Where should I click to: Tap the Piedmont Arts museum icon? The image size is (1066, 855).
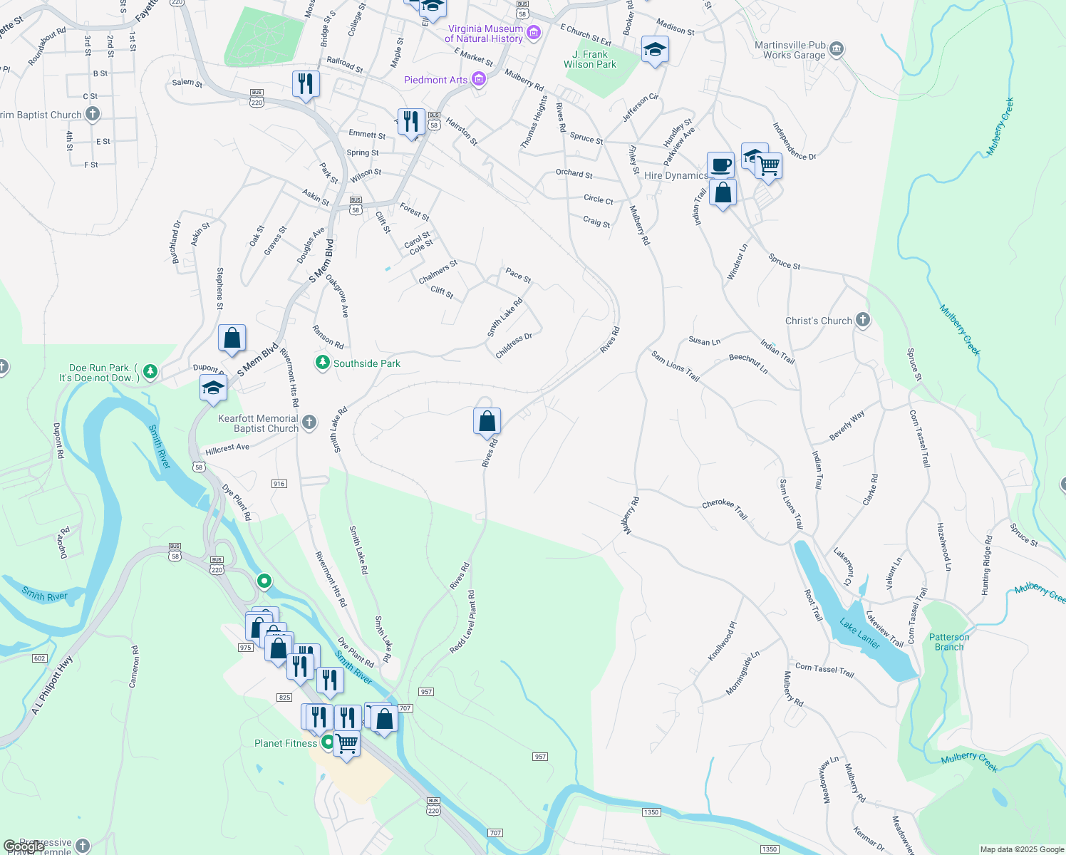479,80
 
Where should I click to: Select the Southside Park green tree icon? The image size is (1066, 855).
323,363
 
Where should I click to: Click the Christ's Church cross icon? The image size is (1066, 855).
863,320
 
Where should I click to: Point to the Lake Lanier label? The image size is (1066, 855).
859,633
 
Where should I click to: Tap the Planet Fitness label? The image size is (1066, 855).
285,743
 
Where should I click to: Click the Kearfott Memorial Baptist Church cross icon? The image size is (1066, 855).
309,423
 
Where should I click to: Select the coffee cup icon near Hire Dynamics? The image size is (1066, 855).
720,165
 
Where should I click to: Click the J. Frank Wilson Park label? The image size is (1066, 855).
590,59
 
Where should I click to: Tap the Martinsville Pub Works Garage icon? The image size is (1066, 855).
837,49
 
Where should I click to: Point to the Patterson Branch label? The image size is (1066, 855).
949,642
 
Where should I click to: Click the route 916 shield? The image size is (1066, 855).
279,484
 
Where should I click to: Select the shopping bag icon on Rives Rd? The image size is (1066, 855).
487,421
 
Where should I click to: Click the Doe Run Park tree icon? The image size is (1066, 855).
150,371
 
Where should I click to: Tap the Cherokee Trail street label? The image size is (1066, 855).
725,508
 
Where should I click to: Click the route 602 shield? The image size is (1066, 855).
39,658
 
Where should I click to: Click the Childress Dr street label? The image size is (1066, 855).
514,346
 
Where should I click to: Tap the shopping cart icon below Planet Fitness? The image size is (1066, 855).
346,744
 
